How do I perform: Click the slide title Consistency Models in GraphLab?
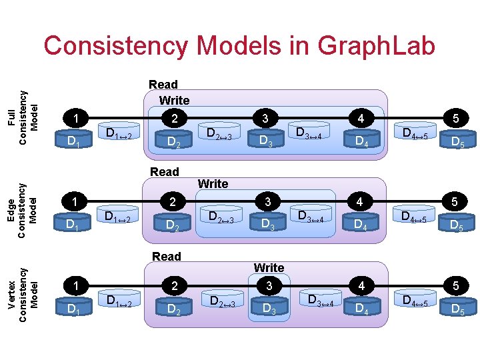point(239,46)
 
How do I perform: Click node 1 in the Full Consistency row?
point(78,119)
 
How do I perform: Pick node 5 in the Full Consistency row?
point(457,119)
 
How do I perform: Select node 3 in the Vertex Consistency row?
point(268,285)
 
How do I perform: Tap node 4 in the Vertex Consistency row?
point(361,285)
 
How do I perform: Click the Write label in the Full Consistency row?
point(174,101)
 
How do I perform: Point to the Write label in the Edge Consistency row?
point(213,183)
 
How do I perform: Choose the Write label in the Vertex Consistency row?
point(269,267)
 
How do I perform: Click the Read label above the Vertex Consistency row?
point(166,257)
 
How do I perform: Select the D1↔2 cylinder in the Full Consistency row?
point(119,136)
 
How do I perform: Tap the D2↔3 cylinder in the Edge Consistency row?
point(219,217)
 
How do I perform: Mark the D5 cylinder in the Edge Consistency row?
point(457,225)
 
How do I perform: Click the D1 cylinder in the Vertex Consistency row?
point(74,308)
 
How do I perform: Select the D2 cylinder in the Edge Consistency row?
point(173,225)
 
